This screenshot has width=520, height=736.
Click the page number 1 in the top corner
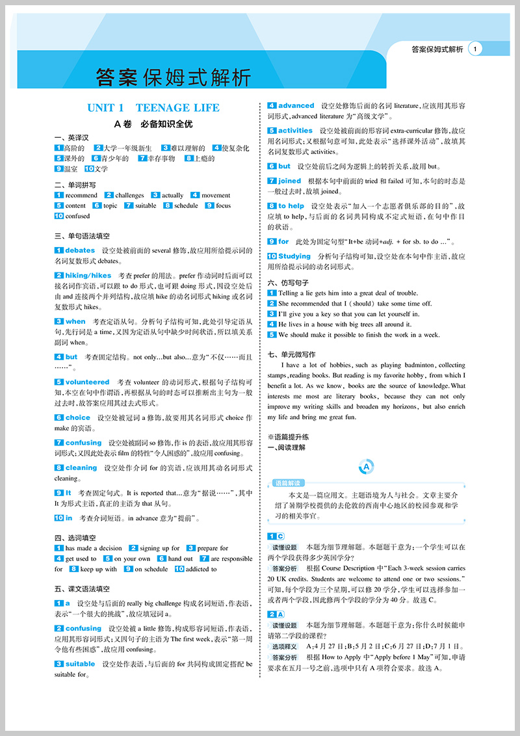click(x=476, y=49)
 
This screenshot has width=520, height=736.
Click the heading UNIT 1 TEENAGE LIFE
click(x=153, y=108)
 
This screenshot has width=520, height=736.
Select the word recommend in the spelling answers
click(x=81, y=195)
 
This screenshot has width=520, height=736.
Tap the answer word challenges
click(x=129, y=195)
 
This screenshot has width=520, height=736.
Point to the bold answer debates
click(x=80, y=250)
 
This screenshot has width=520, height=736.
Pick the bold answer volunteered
click(x=87, y=382)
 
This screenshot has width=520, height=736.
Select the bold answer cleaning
click(x=81, y=467)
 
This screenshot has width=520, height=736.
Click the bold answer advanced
click(x=296, y=105)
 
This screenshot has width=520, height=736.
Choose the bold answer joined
click(x=289, y=181)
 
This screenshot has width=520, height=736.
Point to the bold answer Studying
click(x=294, y=256)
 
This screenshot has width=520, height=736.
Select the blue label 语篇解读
click(x=288, y=483)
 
